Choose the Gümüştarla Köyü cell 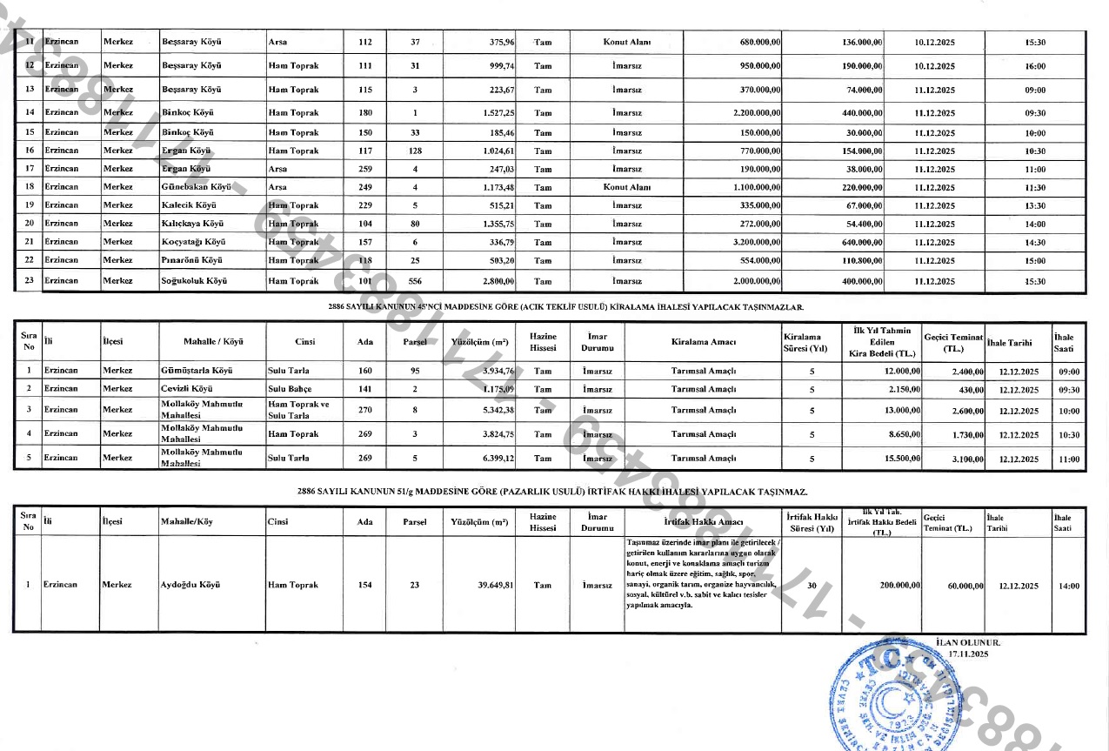tap(195, 371)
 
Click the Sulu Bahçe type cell tap(290, 388)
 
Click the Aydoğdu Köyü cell tap(190, 585)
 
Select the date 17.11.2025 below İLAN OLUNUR tap(970, 653)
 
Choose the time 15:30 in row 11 tap(1035, 43)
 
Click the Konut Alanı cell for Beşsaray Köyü tap(627, 43)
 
